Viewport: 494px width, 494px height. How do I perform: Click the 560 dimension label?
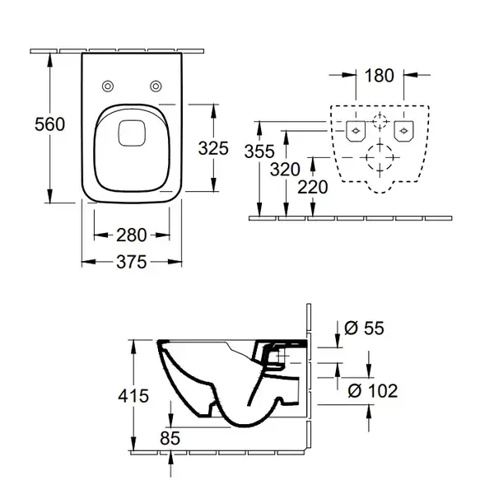pos(49,123)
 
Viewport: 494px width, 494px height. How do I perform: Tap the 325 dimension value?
pos(213,148)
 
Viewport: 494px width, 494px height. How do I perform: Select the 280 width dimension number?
pos(132,235)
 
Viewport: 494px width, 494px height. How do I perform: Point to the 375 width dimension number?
pos(132,262)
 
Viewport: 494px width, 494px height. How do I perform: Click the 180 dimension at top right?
pos(379,75)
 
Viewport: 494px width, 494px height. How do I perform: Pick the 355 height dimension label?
pos(259,151)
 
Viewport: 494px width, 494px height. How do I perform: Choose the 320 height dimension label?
pos(285,170)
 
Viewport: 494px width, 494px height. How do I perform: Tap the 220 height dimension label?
pos(313,187)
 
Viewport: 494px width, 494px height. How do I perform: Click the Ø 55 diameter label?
pos(364,328)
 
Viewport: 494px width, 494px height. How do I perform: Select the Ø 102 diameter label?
pos(373,391)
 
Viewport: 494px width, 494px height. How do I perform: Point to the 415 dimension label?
pos(133,396)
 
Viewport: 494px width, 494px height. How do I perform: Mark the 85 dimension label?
pos(170,438)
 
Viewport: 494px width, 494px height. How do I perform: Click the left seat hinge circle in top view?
pos(108,86)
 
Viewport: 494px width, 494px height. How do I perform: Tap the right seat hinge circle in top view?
pos(156,86)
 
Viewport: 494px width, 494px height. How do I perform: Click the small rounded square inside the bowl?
pos(132,133)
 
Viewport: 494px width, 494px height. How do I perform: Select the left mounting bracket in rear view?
pos(356,131)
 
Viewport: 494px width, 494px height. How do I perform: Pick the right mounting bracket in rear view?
pos(404,131)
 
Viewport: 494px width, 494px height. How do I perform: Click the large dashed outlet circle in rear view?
pos(380,157)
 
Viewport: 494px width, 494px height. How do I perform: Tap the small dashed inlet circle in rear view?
pos(380,121)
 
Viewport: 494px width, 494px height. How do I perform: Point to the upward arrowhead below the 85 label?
pos(170,458)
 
